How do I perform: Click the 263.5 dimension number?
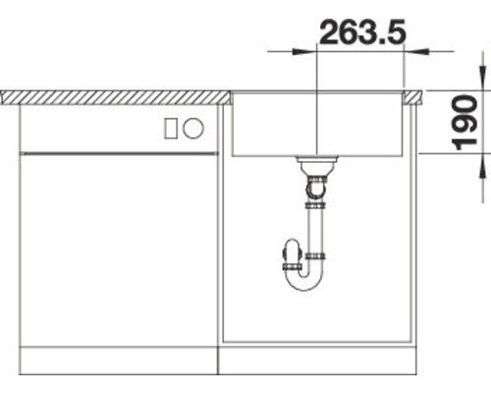[x=363, y=32]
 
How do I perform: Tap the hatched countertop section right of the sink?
[x=415, y=96]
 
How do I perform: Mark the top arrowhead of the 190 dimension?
[x=480, y=79]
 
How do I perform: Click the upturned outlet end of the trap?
[x=291, y=257]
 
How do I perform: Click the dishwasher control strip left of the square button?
[x=88, y=128]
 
